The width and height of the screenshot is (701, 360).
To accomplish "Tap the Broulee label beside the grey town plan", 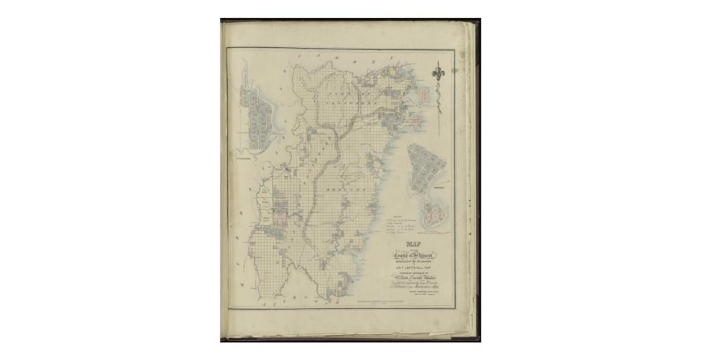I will pyautogui.click(x=439, y=185).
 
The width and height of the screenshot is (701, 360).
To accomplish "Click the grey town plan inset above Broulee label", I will pyautogui.click(x=426, y=164).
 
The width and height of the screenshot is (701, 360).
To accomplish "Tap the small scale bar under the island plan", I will pyautogui.click(x=432, y=233).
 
